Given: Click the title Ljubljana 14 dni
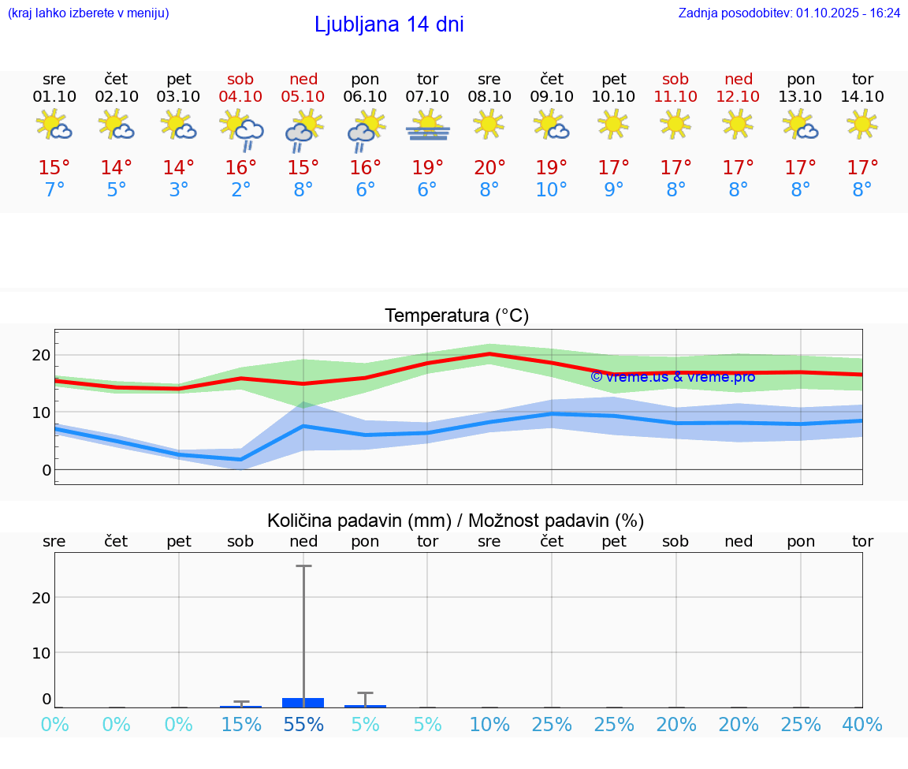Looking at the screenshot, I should tap(389, 24).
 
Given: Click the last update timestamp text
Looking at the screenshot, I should tap(789, 13).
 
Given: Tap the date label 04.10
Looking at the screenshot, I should tap(241, 96).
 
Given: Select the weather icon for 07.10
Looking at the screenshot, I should tap(427, 125).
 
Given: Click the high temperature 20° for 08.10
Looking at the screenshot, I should tap(489, 167).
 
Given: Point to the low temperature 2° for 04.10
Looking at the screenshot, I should tap(241, 190).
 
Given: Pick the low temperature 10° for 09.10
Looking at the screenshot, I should tap(552, 190).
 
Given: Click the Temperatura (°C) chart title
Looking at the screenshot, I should tap(456, 315).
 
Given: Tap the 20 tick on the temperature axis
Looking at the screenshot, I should tap(42, 355).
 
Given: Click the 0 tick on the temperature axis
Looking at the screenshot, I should tap(47, 470).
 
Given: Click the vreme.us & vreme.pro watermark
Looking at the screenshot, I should tap(672, 377).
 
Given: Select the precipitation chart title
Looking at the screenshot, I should tap(455, 521).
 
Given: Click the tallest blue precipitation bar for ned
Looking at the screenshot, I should tap(303, 702).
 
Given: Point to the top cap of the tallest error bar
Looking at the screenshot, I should tap(303, 566).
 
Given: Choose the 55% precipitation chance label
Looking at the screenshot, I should tap(303, 724).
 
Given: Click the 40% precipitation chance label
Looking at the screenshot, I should tap(862, 724).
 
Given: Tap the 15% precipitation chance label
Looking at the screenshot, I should tap(241, 724).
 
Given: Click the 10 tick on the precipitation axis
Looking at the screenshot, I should tap(42, 652).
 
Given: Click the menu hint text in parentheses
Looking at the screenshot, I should tap(88, 13).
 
